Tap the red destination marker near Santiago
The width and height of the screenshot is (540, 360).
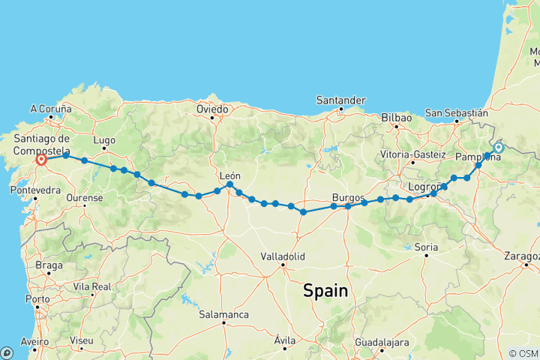pyautogui.click(x=41, y=159)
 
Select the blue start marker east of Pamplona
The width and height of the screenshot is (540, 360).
pyautogui.click(x=498, y=148)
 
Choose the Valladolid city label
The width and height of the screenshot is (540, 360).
pyautogui.click(x=283, y=256)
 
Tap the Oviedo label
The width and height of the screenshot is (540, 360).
pyautogui.click(x=212, y=109)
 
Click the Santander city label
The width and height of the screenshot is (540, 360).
pyautogui.click(x=340, y=100)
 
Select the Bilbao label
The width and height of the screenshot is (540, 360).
pyautogui.click(x=397, y=118)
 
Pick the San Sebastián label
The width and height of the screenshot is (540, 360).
pyautogui.click(x=457, y=112)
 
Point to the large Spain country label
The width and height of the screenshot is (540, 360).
pyautogui.click(x=325, y=291)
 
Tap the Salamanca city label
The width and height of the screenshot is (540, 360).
pyautogui.click(x=224, y=315)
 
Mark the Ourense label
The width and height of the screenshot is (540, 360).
pyautogui.click(x=85, y=198)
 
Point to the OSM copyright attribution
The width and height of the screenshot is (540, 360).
pyautogui.click(x=523, y=353)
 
